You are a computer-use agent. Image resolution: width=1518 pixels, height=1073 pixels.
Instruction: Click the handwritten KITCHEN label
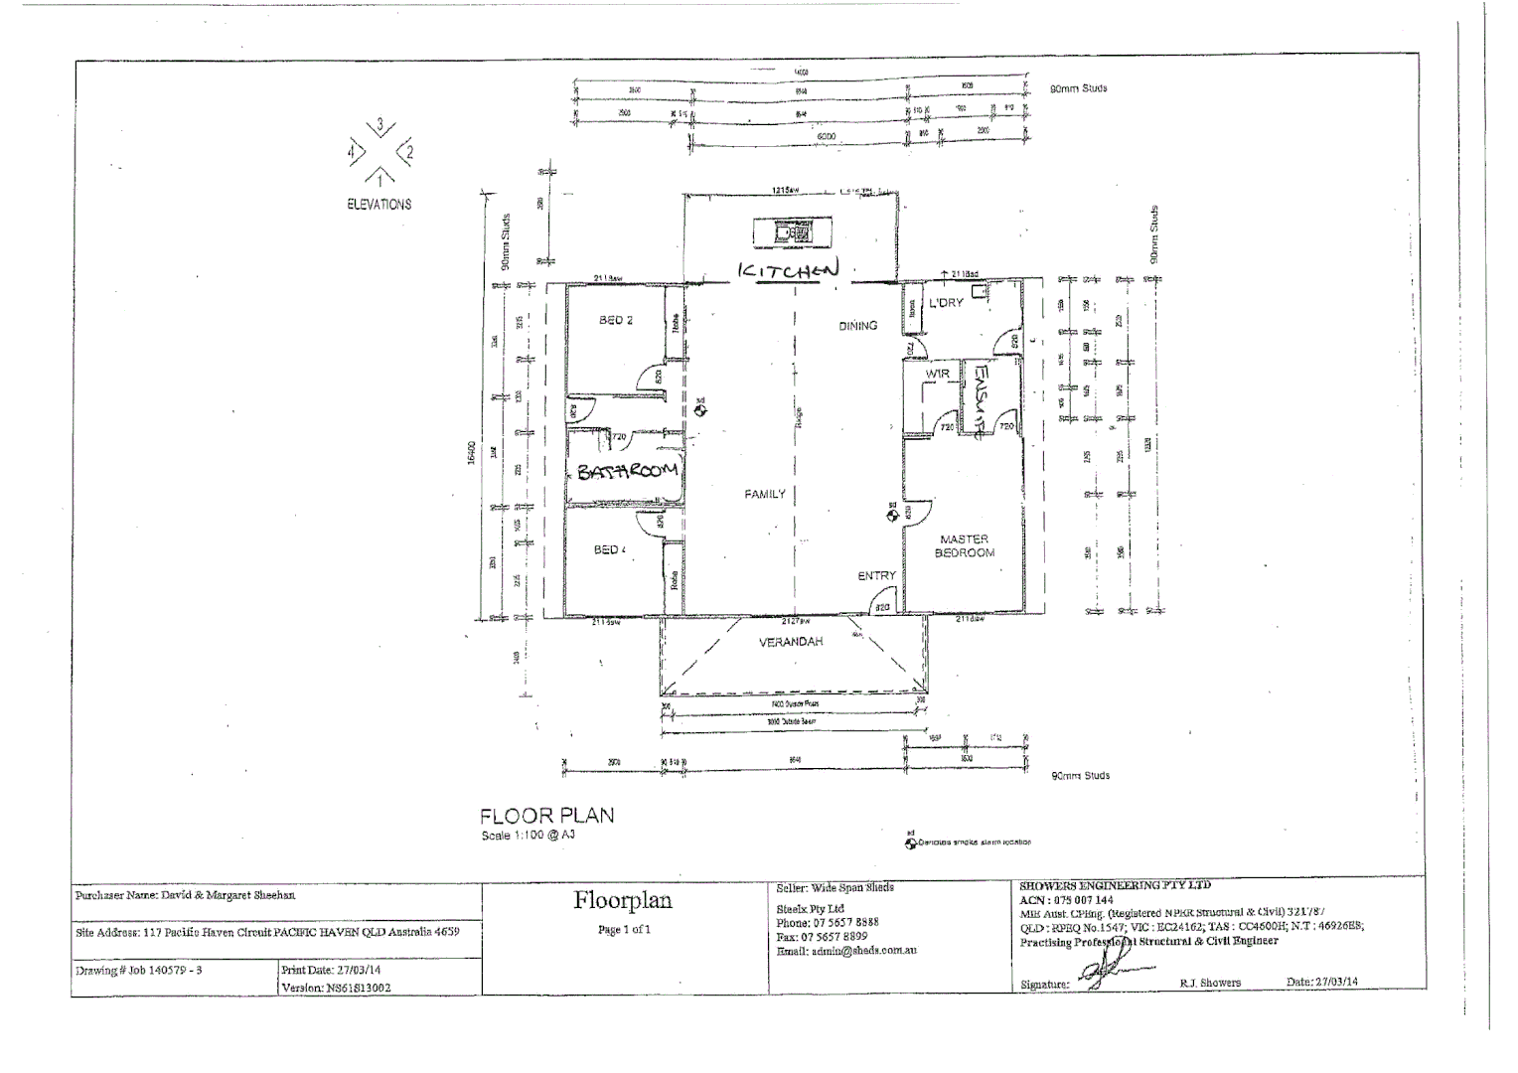coord(788,269)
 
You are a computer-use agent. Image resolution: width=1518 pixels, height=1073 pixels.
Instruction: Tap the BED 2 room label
coord(616,320)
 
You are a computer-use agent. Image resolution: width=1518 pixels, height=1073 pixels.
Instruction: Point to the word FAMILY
coord(765,494)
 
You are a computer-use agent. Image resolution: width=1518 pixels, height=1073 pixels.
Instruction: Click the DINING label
coord(857,325)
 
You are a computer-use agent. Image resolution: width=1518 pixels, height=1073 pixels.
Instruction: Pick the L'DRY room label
coord(946,302)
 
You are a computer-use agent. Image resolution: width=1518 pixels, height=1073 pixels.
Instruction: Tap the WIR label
coord(938,374)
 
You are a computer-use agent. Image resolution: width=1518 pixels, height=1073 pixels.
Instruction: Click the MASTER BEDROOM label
coord(964,546)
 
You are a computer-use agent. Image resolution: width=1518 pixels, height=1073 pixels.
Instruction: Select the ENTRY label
coord(876,576)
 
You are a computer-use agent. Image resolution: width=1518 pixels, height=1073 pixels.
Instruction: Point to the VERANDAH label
coord(791,642)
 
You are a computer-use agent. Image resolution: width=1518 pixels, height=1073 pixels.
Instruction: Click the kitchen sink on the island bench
coord(784,233)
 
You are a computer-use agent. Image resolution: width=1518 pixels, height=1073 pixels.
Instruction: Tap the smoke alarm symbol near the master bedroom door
coord(892,513)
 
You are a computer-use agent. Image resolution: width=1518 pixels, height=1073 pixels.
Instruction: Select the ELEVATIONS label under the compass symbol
coord(379,205)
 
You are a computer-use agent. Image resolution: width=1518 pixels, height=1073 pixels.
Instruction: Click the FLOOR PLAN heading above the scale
coord(546,816)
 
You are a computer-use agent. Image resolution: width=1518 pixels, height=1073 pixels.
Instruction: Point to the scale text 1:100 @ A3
coord(528,836)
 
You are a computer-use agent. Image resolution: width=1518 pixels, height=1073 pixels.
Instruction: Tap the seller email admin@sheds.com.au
coord(845,951)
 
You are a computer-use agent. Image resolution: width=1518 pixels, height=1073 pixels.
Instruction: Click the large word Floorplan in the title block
coord(623,900)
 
